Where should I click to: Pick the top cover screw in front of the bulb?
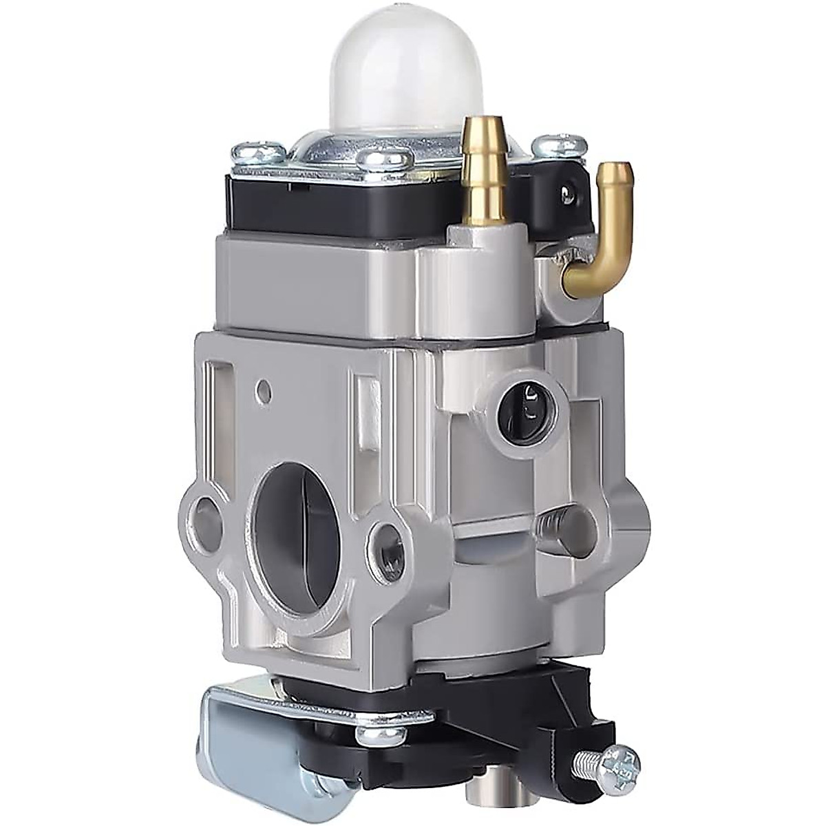pos(389,160)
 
